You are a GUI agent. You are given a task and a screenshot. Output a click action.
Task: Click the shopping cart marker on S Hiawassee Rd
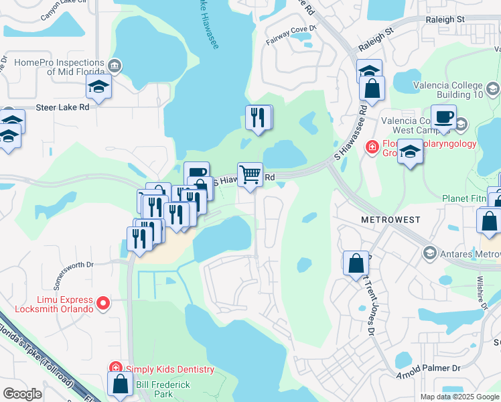250,175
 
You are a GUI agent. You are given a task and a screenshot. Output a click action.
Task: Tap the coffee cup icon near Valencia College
443,117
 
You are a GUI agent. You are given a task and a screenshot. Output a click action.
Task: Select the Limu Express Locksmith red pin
103,304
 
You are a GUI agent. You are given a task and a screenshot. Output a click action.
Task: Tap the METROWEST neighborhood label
390,220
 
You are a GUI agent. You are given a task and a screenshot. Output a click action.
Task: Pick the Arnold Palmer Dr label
428,368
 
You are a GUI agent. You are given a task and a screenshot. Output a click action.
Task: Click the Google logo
23,394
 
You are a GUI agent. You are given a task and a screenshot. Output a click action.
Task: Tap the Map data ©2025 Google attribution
459,397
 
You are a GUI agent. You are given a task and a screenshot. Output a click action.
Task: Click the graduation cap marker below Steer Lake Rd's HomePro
98,86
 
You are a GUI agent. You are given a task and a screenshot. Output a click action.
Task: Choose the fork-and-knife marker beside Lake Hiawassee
259,118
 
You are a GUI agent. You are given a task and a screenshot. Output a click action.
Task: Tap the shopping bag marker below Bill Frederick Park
121,384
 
